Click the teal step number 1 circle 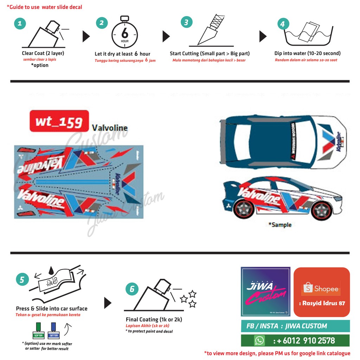pos(20,24)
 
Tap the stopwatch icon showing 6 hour pos(124,34)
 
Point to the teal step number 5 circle pos(22,279)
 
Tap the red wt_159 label pos(59,121)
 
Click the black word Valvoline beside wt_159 pos(110,128)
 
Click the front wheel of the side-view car pos(322,210)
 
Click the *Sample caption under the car pos(280,225)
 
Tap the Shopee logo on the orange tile pos(322,289)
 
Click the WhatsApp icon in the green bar pos(259,340)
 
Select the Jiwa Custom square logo pos(265,291)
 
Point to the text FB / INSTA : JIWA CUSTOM pos(287,326)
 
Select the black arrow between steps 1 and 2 pos(86,36)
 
